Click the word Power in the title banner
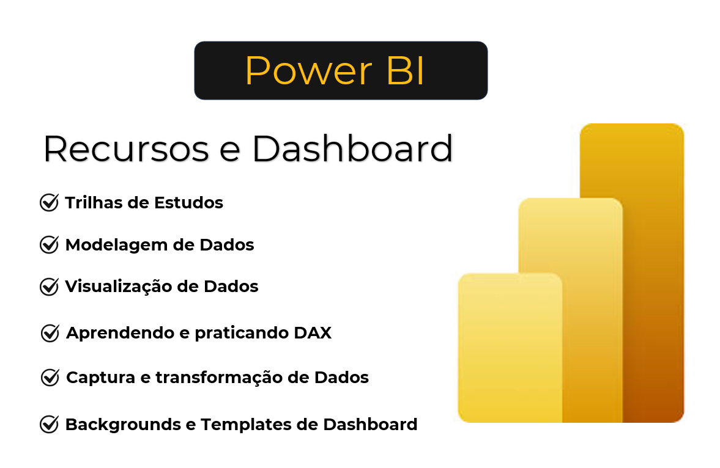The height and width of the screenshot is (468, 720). point(308,71)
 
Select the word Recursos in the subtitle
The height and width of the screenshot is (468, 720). point(126,148)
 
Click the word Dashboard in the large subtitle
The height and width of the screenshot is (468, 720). point(352,148)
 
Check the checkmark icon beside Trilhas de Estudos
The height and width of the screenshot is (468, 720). point(49,202)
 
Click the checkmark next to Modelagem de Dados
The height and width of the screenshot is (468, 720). point(49,244)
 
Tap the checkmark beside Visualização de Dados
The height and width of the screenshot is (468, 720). point(49,287)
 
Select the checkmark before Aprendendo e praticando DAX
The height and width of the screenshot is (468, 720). point(50,332)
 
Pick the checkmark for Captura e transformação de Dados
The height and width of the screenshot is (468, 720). point(50,377)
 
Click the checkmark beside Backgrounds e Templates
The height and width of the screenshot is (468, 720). point(49,425)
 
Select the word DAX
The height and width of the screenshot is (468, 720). point(313,332)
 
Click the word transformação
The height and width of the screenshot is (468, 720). point(219,378)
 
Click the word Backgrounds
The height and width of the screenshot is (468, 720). point(123,425)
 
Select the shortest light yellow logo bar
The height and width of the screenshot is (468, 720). point(510,348)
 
